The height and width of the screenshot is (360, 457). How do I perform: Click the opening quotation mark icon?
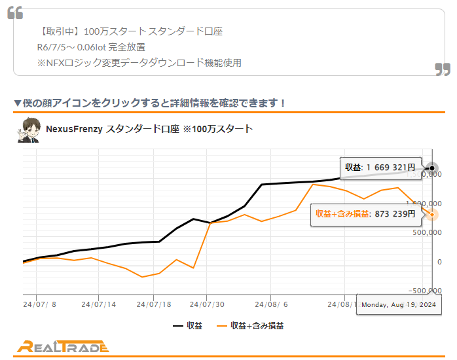[x=15, y=12]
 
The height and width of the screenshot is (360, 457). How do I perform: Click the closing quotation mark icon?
[x=443, y=69]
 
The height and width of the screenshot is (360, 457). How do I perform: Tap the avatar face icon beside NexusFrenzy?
[x=27, y=130]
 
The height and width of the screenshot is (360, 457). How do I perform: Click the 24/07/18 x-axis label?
[x=153, y=304]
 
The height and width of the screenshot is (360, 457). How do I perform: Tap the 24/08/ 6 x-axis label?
[x=270, y=304]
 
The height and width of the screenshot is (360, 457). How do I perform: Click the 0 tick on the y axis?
[x=439, y=262]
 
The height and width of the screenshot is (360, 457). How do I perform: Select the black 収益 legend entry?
[x=188, y=325]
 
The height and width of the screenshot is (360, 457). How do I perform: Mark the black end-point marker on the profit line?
[x=432, y=168]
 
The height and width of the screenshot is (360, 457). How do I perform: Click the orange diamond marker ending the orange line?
[x=433, y=214]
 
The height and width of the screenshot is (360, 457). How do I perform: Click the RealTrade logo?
[x=63, y=347]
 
